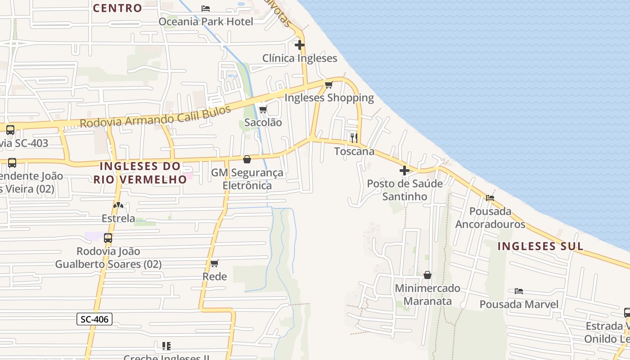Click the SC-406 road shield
coord(94,319)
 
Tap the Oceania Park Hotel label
coord(206,21)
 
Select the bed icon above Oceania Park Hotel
coord(206,9)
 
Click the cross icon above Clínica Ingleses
coord(300,45)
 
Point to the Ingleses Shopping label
coord(329,98)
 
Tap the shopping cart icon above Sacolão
coord(263,109)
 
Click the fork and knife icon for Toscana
coord(354,138)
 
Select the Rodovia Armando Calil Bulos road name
coord(155,116)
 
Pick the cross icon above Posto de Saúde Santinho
coord(405,171)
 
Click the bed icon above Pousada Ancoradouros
coord(490,198)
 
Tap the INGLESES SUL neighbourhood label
coord(540,246)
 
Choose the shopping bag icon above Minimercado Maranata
coord(427,275)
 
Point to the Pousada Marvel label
coord(519,304)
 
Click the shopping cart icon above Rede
coord(215,263)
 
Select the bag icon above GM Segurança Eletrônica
coord(247,159)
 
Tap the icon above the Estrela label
coord(118,205)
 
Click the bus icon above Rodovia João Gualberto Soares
coord(108,238)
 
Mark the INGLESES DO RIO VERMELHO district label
coord(140,172)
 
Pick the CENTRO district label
coord(117,8)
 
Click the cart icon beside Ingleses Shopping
coord(329,85)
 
